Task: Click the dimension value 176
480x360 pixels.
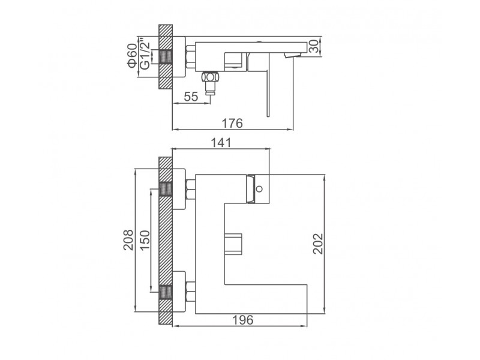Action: pyautogui.click(x=232, y=123)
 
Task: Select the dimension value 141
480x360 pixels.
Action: pyautogui.click(x=221, y=143)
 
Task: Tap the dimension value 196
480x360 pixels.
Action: pyautogui.click(x=243, y=320)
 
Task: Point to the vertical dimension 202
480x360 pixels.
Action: pyautogui.click(x=319, y=244)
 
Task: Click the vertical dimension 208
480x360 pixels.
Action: pyautogui.click(x=128, y=240)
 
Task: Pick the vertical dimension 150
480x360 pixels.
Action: pyautogui.click(x=145, y=240)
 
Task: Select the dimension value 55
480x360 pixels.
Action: pyautogui.click(x=191, y=97)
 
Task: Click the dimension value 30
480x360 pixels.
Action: pyautogui.click(x=314, y=47)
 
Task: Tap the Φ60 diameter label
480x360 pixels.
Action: pyautogui.click(x=132, y=55)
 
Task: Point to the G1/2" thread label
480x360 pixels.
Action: pyautogui.click(x=145, y=53)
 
